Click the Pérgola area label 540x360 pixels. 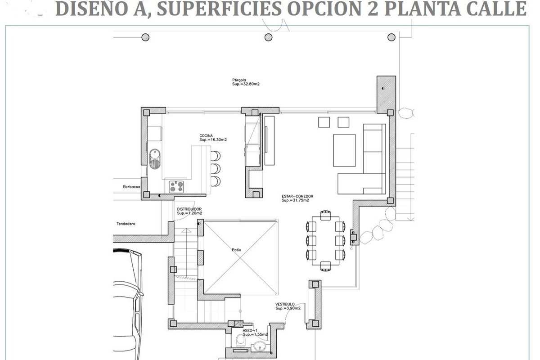click(246, 82)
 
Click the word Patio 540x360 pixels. click(237, 250)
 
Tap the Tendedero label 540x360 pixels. click(126, 224)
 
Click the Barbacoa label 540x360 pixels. click(131, 187)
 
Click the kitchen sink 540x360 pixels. click(154, 159)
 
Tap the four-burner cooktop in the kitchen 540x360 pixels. click(176, 187)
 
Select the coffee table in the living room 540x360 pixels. click(344, 150)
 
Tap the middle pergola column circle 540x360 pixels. click(268, 37)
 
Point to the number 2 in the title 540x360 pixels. click(373, 9)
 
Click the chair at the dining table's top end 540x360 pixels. click(326, 215)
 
